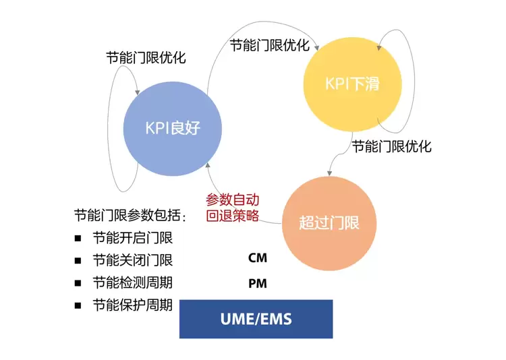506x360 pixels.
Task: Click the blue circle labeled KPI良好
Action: (x=173, y=127)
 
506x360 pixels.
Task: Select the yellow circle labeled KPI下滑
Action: (x=353, y=84)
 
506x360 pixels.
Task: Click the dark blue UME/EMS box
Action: (x=256, y=319)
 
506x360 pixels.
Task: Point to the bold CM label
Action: (x=257, y=258)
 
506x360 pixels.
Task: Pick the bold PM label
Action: (x=257, y=284)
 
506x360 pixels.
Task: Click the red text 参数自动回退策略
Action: (x=232, y=208)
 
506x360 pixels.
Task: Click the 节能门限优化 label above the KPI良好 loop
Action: (x=146, y=57)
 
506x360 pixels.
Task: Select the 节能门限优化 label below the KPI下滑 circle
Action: (x=391, y=146)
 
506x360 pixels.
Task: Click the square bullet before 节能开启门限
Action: (x=78, y=238)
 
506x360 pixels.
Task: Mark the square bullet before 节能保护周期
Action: (x=78, y=305)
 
